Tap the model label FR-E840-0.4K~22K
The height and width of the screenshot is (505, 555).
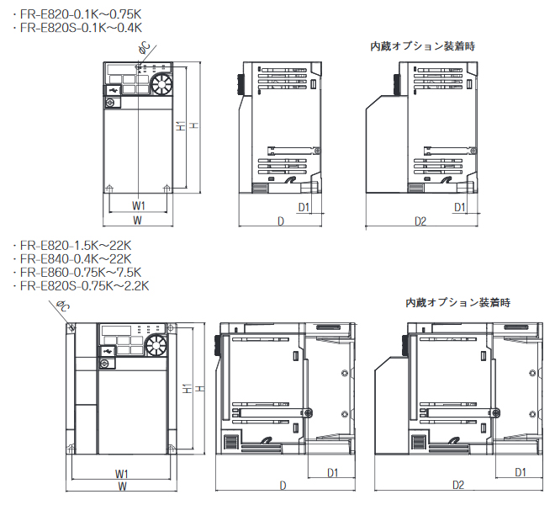coord(74,258)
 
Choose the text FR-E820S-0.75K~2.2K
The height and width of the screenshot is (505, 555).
coord(82,285)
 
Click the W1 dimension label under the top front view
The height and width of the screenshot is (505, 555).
coord(140,205)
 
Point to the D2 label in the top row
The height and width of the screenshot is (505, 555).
coord(420,221)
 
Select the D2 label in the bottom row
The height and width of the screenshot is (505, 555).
coord(457,486)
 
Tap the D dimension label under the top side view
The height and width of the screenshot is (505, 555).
coord(281,221)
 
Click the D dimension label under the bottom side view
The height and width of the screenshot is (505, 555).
coord(283,486)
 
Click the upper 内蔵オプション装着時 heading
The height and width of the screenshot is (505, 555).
coord(423,46)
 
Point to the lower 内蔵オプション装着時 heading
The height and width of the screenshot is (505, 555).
coord(458,301)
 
